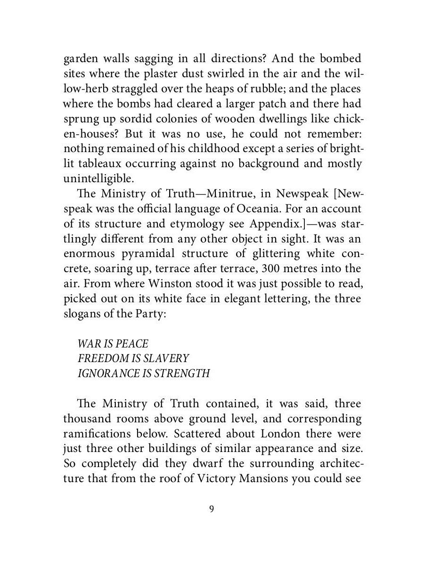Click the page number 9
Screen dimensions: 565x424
tap(212, 509)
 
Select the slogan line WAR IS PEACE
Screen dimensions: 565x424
tap(113, 344)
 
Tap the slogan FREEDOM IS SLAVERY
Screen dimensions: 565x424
tap(133, 359)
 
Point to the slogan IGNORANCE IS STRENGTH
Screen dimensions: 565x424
tap(144, 374)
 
